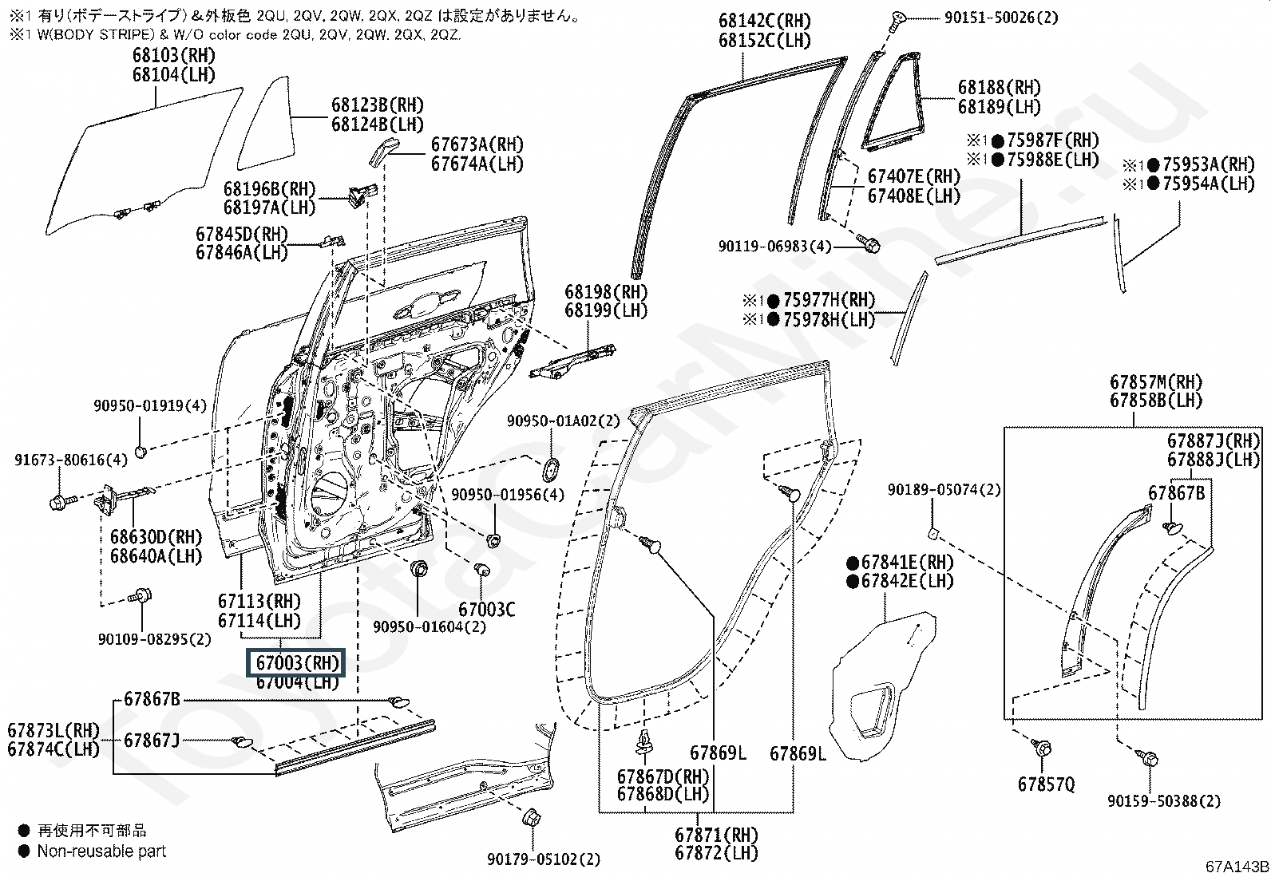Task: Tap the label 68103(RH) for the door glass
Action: click(x=174, y=56)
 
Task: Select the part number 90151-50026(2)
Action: click(x=1001, y=18)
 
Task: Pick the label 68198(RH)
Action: click(x=606, y=292)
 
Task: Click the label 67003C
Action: click(x=487, y=609)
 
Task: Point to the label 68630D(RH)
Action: click(x=156, y=536)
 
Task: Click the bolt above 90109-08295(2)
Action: click(x=141, y=595)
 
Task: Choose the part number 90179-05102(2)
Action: click(x=544, y=859)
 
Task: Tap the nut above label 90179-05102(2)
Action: click(x=531, y=818)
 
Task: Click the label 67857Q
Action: click(x=1047, y=784)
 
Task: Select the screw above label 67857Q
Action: click(x=1041, y=748)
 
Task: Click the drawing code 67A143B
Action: click(x=1237, y=867)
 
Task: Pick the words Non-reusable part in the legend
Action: click(x=101, y=851)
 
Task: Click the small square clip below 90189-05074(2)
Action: click(x=932, y=533)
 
